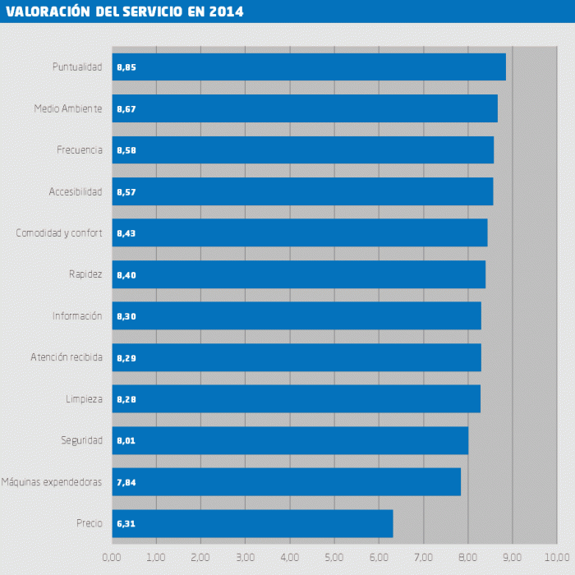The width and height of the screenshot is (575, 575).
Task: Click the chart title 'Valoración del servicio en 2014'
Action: point(124,11)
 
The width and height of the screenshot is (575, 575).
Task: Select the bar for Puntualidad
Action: point(309,67)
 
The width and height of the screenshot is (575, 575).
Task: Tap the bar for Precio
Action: point(252,523)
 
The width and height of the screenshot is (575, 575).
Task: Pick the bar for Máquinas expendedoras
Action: point(286,482)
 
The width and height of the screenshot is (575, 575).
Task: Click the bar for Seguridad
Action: point(290,440)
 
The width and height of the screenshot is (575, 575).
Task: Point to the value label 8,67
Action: point(126,109)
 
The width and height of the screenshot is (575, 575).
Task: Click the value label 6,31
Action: point(126,524)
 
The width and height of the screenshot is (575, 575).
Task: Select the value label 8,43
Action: point(126,233)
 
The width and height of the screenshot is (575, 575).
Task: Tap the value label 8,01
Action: point(126,441)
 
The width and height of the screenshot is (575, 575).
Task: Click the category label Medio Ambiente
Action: point(68,108)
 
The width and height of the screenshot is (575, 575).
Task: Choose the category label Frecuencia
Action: point(80,149)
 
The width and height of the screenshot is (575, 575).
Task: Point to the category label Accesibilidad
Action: point(76,191)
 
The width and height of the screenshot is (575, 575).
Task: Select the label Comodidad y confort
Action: point(59,233)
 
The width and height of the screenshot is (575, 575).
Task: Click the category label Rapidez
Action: point(85,274)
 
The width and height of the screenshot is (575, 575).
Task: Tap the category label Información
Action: point(77,315)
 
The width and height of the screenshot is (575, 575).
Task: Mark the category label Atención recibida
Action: point(67,357)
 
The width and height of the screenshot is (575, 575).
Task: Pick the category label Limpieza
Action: point(84,399)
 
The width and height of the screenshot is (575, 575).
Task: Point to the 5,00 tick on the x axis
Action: point(334,557)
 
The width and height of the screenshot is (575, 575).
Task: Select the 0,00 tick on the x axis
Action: point(112,557)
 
